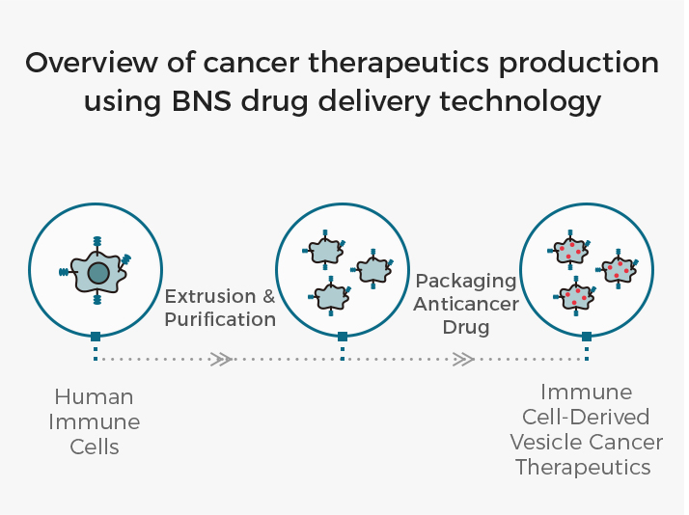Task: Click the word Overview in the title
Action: [x=91, y=63]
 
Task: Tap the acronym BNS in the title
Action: [x=202, y=101]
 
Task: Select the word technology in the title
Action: [x=520, y=102]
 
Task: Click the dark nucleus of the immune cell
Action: [x=98, y=273]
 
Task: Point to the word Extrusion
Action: [x=210, y=296]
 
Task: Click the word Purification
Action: [x=220, y=319]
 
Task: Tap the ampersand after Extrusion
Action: [x=269, y=296]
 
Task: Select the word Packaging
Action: [x=466, y=282]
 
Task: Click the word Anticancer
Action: [x=466, y=304]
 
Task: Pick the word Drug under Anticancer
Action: [x=466, y=328]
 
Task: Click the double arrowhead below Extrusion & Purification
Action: [x=221, y=359]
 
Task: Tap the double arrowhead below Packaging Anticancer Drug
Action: [x=463, y=359]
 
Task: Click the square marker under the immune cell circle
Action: [x=96, y=337]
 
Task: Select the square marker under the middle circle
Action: [x=343, y=337]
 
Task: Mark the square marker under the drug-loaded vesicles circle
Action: [x=587, y=337]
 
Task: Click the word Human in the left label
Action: [x=94, y=397]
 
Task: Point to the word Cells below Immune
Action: [x=95, y=447]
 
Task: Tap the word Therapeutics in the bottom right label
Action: [x=583, y=467]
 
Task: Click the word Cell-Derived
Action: [x=586, y=417]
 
